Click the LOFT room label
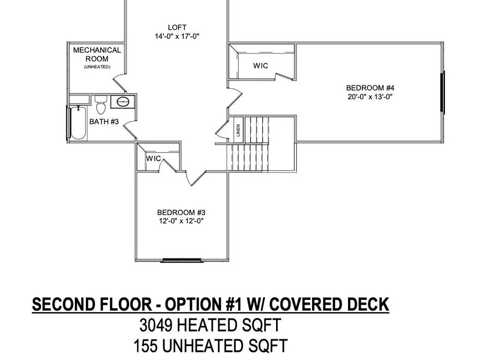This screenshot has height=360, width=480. pos(177,27)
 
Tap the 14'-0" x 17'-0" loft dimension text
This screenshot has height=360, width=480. pos(177,36)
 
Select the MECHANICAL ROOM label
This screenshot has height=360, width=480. pos(97,54)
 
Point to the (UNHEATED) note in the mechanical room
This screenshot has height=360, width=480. pos(97,67)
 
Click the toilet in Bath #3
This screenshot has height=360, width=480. pos(101,104)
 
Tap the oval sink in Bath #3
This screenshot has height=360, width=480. pos(123,101)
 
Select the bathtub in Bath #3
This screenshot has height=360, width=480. pos(78,123)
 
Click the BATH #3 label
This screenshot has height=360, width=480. pos(104,121)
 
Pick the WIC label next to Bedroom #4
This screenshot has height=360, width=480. pos(261,65)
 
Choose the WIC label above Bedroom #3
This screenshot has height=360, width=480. pos(153,158)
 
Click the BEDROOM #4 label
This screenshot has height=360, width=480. pos(370,88)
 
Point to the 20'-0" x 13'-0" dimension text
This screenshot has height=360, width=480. pos(370,97)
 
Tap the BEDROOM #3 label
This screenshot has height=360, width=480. pos(181,213)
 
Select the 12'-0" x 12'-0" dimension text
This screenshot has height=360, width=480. pos(181,221)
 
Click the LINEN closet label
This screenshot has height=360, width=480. pos(238,131)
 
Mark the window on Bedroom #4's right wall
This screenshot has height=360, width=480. pos(443,92)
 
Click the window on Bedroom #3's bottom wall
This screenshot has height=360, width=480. pos(182,261)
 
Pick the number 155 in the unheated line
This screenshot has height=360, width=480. pos(145,346)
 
